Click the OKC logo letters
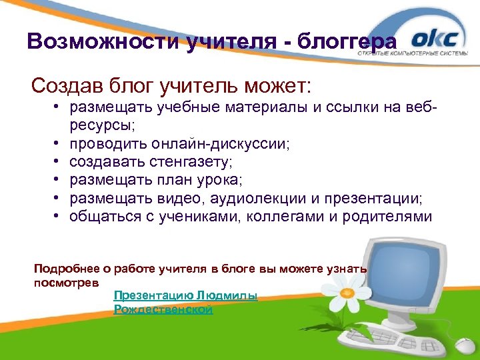(x=435, y=37)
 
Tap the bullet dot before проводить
(x=59, y=143)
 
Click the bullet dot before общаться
(x=59, y=217)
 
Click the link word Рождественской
(x=163, y=309)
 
